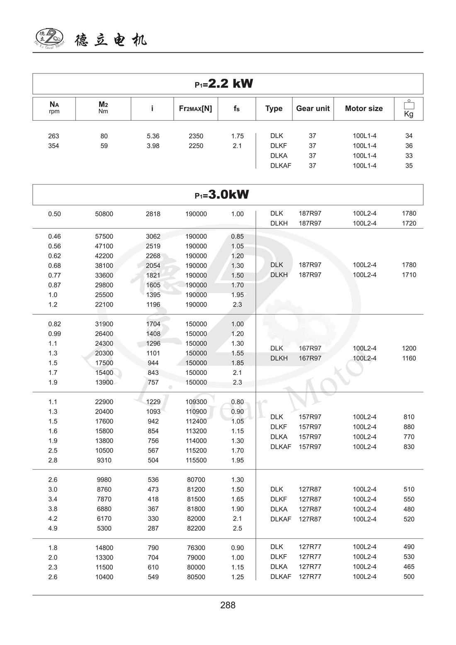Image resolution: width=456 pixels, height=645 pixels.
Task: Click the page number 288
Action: [x=228, y=605]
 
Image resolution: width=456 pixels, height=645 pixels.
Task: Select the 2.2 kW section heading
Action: [x=224, y=84]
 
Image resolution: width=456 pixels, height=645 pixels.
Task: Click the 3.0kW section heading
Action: [x=222, y=195]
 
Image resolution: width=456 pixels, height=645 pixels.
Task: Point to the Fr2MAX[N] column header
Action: [x=195, y=109]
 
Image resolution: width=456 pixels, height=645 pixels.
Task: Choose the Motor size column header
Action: [x=364, y=109]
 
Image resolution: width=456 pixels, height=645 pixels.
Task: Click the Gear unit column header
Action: [x=313, y=109]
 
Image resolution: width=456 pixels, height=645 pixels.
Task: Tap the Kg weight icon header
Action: [x=409, y=109]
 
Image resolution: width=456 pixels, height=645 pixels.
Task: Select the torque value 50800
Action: [x=104, y=214]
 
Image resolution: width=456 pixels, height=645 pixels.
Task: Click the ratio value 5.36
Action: [x=153, y=136]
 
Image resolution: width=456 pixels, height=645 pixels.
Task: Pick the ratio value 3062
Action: [x=153, y=236]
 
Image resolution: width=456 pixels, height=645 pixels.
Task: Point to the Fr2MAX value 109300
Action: [x=196, y=402]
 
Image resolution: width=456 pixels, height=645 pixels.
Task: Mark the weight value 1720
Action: [x=409, y=224]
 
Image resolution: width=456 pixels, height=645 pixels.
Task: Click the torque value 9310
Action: [x=104, y=460]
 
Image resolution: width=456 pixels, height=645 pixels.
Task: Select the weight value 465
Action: [x=409, y=567]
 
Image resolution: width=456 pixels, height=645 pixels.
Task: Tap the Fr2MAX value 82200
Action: [x=196, y=528]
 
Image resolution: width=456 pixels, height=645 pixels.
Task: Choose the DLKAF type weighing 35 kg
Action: [x=281, y=166]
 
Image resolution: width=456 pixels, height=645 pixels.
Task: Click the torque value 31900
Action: [x=104, y=324]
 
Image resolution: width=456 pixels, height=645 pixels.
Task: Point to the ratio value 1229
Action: [x=153, y=402]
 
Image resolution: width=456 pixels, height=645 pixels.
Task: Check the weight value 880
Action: [x=409, y=427]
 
